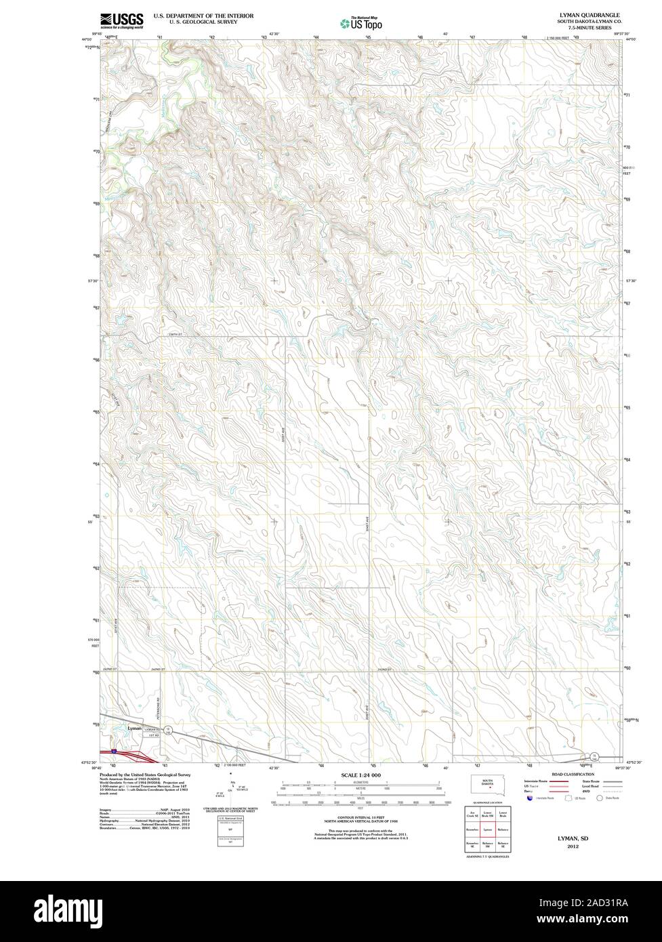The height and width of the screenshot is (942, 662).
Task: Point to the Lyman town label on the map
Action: (x=136, y=728)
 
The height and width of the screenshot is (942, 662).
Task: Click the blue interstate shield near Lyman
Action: (x=114, y=751)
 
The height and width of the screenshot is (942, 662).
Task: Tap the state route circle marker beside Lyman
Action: (x=169, y=729)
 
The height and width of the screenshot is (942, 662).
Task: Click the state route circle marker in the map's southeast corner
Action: (x=594, y=756)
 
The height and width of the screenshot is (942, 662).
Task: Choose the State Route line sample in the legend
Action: (x=612, y=781)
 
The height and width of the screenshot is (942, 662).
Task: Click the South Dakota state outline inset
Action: (x=486, y=786)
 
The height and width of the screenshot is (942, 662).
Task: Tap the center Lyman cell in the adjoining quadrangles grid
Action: (x=487, y=829)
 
